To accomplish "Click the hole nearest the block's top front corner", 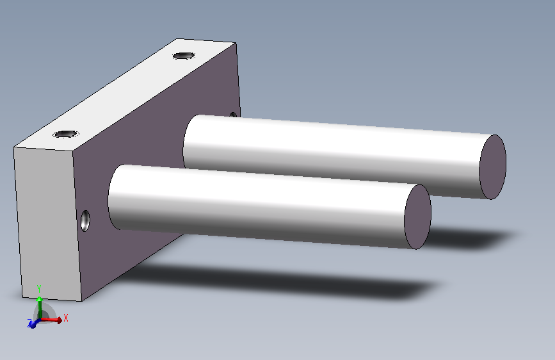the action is coord(66,134).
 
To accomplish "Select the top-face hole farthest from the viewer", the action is coord(184,56).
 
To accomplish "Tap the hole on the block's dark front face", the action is coord(85,221).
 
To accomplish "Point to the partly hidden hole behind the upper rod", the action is coord(233,115).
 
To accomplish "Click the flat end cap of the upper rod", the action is coord(492,167).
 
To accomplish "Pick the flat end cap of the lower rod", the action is coord(417,217).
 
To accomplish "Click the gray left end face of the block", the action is coord(48,223).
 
